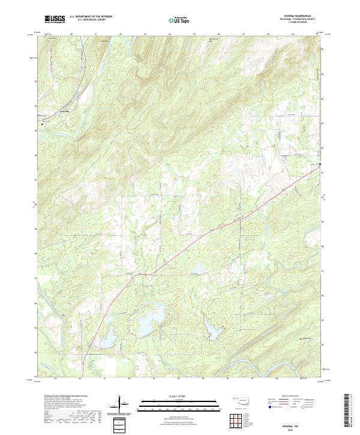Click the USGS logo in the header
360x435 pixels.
coord(55,19)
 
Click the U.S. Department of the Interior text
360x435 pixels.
coord(91,17)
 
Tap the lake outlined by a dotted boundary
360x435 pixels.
coord(212,326)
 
